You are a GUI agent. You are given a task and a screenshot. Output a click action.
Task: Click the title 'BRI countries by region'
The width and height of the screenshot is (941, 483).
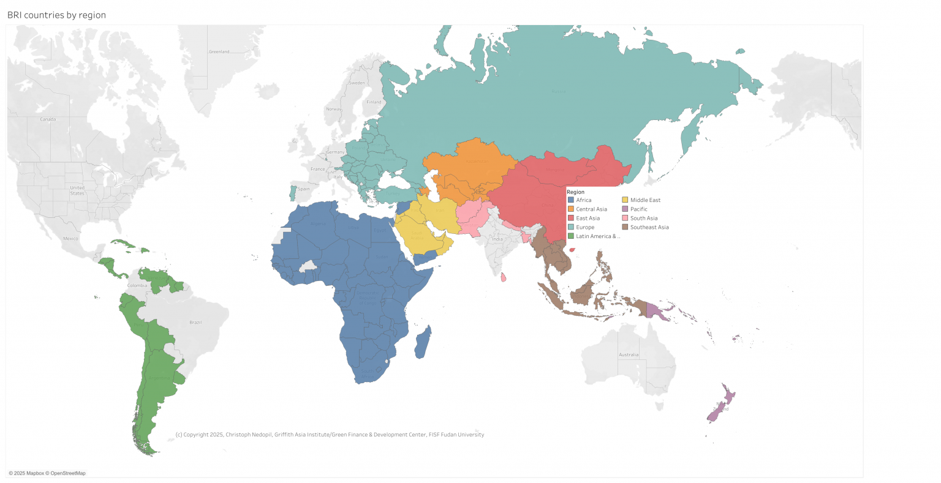pyautogui.click(x=56, y=15)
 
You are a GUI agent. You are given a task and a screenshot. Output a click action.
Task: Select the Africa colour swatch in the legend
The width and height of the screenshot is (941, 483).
pyautogui.click(x=571, y=200)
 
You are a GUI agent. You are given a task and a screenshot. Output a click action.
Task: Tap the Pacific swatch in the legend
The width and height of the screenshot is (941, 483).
pyautogui.click(x=625, y=209)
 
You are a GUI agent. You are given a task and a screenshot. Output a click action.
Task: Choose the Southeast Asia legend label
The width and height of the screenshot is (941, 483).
pyautogui.click(x=649, y=227)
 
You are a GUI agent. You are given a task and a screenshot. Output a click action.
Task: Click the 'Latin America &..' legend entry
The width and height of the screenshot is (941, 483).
pyautogui.click(x=597, y=236)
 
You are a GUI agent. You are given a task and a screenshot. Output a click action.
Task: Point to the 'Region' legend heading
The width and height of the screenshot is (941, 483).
pyautogui.click(x=575, y=192)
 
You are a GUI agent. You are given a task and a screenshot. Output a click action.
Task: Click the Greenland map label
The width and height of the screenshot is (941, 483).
pyautogui.click(x=219, y=52)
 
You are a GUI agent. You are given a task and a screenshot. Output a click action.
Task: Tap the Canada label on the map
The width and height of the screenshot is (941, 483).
pyautogui.click(x=48, y=119)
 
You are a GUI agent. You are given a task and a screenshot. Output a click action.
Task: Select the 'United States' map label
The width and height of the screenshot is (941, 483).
pyautogui.click(x=77, y=190)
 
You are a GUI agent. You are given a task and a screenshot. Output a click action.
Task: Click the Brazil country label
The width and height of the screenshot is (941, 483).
pyautogui.click(x=195, y=322)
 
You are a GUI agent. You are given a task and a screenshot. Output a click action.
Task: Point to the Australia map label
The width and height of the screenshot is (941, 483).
pyautogui.click(x=629, y=355)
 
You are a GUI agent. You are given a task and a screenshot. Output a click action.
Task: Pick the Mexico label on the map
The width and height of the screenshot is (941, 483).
pyautogui.click(x=70, y=238)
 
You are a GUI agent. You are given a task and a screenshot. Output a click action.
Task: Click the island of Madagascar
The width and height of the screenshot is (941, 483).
pyautogui.click(x=423, y=342)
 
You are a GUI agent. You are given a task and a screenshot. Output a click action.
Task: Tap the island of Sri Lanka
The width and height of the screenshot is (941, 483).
pyautogui.click(x=504, y=277)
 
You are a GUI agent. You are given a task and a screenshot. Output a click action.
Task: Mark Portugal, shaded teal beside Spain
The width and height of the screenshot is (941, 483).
pyautogui.click(x=293, y=193)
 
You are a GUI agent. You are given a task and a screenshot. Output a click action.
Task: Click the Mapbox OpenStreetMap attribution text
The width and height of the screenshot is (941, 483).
pyautogui.click(x=47, y=473)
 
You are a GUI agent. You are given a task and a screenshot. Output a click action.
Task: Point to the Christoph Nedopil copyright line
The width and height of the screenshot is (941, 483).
pyautogui.click(x=330, y=435)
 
